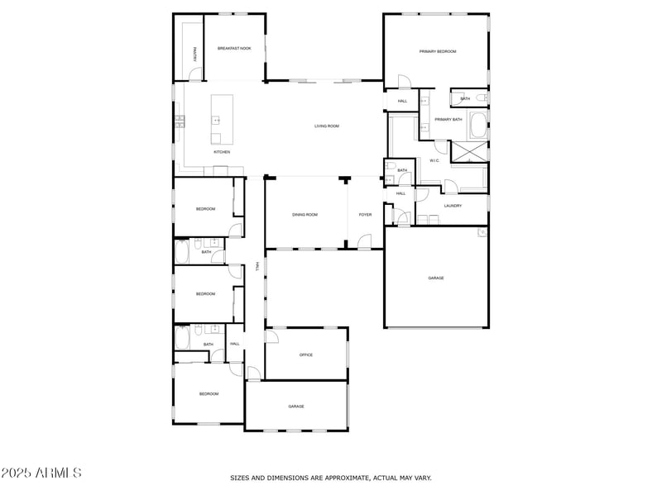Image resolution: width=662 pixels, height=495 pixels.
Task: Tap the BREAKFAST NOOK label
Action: click(x=234, y=49)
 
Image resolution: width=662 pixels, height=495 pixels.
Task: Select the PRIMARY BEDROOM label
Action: click(x=437, y=51)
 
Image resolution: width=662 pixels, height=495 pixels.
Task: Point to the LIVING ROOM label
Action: click(x=327, y=126)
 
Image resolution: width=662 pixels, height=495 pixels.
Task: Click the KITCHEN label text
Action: click(x=221, y=152)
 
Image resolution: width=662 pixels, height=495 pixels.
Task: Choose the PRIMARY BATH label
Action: click(x=448, y=120)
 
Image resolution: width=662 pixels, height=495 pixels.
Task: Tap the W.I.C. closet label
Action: click(x=434, y=160)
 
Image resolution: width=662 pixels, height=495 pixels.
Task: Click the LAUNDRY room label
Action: click(x=453, y=206)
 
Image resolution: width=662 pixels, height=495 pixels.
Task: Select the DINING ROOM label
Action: click(x=305, y=215)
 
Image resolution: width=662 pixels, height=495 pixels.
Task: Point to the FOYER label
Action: click(x=365, y=215)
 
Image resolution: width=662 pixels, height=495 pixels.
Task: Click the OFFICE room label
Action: click(x=305, y=355)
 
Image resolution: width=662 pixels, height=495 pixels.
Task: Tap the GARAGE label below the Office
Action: click(x=296, y=407)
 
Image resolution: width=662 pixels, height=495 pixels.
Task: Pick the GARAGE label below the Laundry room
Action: click(x=436, y=278)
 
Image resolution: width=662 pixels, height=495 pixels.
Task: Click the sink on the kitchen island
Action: click(x=218, y=120)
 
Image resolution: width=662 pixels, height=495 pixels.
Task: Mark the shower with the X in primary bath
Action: click(x=468, y=152)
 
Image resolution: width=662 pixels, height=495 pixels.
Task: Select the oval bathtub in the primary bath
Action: click(x=477, y=126)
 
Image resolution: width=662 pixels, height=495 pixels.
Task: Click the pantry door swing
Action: click(x=194, y=76)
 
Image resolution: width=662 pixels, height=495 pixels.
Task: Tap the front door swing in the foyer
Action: click(x=364, y=242)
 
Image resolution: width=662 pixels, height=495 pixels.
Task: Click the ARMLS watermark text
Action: click(x=41, y=474)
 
